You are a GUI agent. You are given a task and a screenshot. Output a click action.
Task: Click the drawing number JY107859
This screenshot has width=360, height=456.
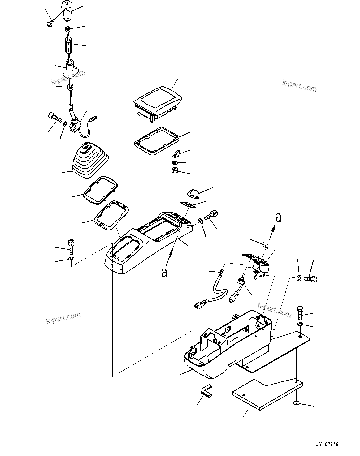[x=327, y=445]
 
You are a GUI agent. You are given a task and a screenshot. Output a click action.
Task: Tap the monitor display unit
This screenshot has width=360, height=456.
[x=157, y=102]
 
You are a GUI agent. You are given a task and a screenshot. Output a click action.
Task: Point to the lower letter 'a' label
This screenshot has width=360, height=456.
[x=164, y=272]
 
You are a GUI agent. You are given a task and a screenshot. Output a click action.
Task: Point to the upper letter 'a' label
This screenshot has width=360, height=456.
[x=278, y=217]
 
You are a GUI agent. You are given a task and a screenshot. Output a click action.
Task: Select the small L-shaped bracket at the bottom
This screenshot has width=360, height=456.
[x=205, y=390]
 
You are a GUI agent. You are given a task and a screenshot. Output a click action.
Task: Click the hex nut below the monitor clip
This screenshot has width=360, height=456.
[x=174, y=170]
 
